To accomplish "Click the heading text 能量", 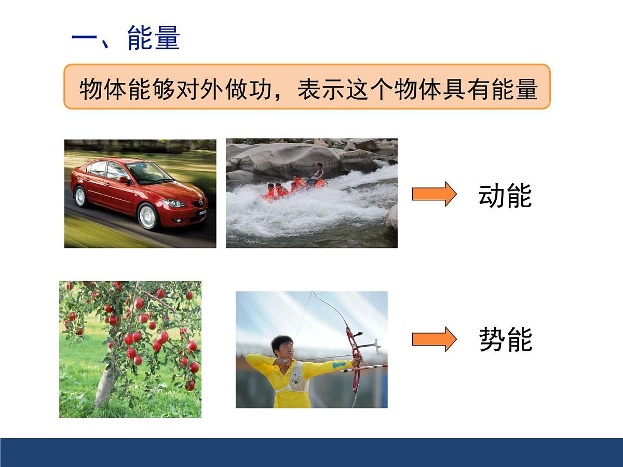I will pos(154,39).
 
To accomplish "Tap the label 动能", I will pos(505,196).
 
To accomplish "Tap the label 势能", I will pos(505,340).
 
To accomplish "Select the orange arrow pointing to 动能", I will pos(434,194).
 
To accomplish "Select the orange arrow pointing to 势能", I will pos(434,339).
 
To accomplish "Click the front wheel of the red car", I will pos(148,216).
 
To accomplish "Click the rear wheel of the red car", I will pos(80,197).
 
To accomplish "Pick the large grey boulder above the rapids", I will pos(291,158).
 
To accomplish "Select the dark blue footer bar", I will pos(311,452).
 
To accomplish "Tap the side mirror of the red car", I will pos(125,180).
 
